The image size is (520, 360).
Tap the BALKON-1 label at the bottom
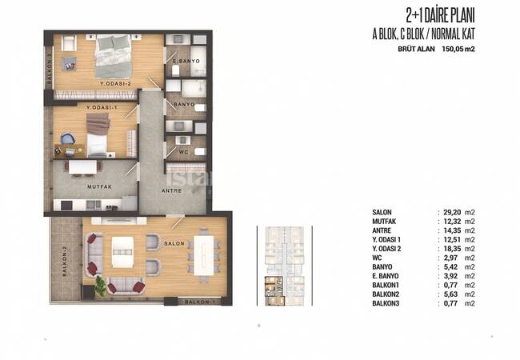197,302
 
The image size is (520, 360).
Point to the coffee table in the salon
122,252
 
